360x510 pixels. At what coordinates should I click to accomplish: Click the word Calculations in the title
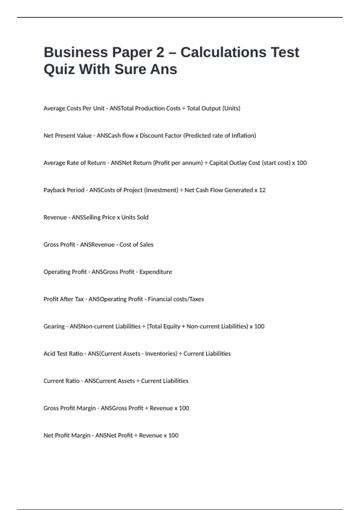tap(223, 52)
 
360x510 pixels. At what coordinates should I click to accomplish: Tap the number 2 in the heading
tap(160, 52)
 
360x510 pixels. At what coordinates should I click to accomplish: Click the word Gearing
tap(54, 326)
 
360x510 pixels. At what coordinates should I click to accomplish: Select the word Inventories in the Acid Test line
tap(160, 354)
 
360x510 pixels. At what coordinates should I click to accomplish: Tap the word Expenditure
tap(156, 272)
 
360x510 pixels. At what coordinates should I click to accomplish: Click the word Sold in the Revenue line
tap(142, 217)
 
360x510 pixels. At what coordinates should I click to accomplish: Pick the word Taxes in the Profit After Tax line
tap(196, 299)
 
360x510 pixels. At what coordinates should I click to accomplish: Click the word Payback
tap(54, 190)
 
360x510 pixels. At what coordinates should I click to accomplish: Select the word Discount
tap(150, 136)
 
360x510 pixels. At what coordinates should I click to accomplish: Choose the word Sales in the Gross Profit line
tap(146, 244)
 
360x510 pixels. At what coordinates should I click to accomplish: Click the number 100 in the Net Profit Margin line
tap(173, 435)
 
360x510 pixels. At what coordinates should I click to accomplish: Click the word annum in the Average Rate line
tap(194, 163)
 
